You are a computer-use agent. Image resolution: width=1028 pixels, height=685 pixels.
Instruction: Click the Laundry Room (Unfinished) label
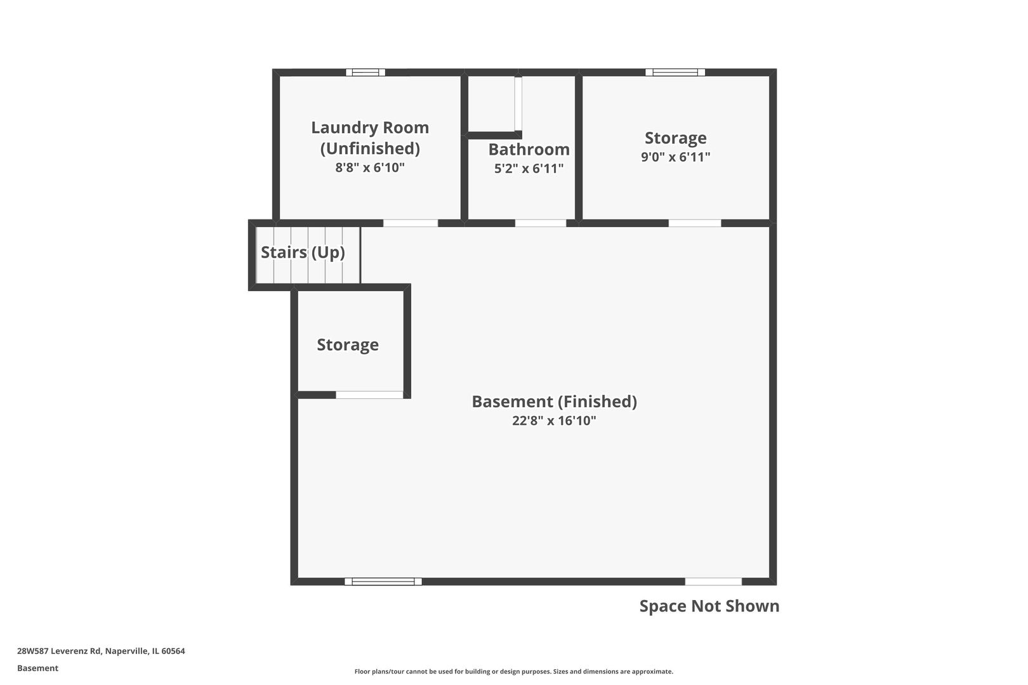[x=370, y=138]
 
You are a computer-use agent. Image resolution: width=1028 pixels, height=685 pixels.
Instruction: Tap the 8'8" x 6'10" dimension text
[x=370, y=168]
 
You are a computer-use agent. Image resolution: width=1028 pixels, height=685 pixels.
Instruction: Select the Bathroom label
[x=529, y=150]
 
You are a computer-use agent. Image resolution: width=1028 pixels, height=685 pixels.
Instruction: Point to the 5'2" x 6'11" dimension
[x=529, y=169]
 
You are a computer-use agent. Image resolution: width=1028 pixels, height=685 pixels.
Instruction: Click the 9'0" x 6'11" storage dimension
[x=675, y=157]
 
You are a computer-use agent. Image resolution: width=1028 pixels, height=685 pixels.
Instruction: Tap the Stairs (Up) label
[x=303, y=252]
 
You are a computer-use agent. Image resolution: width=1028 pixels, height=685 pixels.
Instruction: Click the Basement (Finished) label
[x=554, y=401]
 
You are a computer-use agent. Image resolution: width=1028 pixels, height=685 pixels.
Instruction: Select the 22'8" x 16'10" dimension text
[x=554, y=421]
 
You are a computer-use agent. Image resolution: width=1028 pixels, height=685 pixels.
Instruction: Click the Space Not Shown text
[x=709, y=606]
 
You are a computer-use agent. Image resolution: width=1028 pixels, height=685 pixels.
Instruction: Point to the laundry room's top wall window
[x=366, y=72]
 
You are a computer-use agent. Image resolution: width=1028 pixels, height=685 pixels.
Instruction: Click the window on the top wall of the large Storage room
[x=675, y=72]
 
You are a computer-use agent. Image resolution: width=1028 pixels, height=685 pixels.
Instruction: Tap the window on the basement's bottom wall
[x=383, y=582]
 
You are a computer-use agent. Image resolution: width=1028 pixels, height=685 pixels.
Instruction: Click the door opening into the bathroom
[x=540, y=223]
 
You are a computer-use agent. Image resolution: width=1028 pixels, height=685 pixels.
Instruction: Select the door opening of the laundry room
[x=411, y=223]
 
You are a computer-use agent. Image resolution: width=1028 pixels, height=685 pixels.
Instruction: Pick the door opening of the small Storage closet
[x=369, y=395]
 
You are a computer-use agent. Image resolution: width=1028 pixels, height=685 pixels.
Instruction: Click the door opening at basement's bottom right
[x=713, y=582]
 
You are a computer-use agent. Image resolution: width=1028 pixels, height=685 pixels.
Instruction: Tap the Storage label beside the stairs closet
[x=348, y=345]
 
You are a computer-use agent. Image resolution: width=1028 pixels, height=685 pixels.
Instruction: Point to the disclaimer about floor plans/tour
[x=513, y=671]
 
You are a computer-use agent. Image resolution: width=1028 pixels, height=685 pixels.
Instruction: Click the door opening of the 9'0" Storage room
[x=695, y=223]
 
